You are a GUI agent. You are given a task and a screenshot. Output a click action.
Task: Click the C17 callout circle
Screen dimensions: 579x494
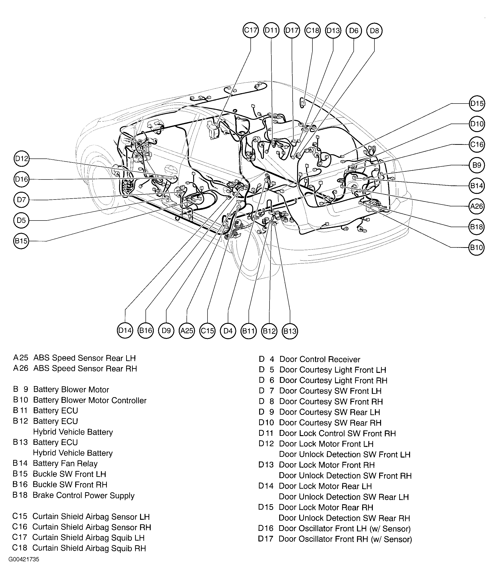(x=250, y=30)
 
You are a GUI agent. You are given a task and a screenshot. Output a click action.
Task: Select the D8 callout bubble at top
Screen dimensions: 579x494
(x=374, y=30)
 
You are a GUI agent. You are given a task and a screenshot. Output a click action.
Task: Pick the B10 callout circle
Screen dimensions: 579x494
(x=476, y=247)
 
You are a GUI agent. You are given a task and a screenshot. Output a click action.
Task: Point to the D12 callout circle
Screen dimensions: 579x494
(x=21, y=159)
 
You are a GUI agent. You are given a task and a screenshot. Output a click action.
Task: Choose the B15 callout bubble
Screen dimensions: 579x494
(x=21, y=241)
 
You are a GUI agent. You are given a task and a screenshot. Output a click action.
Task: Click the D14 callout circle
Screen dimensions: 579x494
(x=125, y=331)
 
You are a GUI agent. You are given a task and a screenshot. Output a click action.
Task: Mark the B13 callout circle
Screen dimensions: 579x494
(x=290, y=331)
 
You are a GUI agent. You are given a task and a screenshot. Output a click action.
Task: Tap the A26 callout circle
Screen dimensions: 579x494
(x=476, y=206)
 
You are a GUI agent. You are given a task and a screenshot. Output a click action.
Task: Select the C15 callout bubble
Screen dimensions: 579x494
(x=207, y=331)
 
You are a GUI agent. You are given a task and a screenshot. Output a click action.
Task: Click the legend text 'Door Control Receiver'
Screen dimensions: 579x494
(x=320, y=359)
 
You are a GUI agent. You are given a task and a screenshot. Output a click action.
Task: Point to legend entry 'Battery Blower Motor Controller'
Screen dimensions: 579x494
(x=90, y=400)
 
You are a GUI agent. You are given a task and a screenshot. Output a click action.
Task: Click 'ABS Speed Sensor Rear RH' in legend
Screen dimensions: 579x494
(x=85, y=369)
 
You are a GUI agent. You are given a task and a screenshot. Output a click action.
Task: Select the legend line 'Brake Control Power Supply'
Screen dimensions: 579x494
(x=83, y=496)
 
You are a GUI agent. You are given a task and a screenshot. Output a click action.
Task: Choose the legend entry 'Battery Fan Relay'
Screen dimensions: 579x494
(x=65, y=464)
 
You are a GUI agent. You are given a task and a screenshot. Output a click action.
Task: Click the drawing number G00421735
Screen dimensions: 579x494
(x=24, y=559)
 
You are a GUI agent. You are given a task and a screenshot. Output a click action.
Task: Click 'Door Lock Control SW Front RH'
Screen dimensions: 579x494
(x=337, y=433)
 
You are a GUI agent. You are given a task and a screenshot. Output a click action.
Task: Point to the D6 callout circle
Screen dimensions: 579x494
(x=353, y=30)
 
